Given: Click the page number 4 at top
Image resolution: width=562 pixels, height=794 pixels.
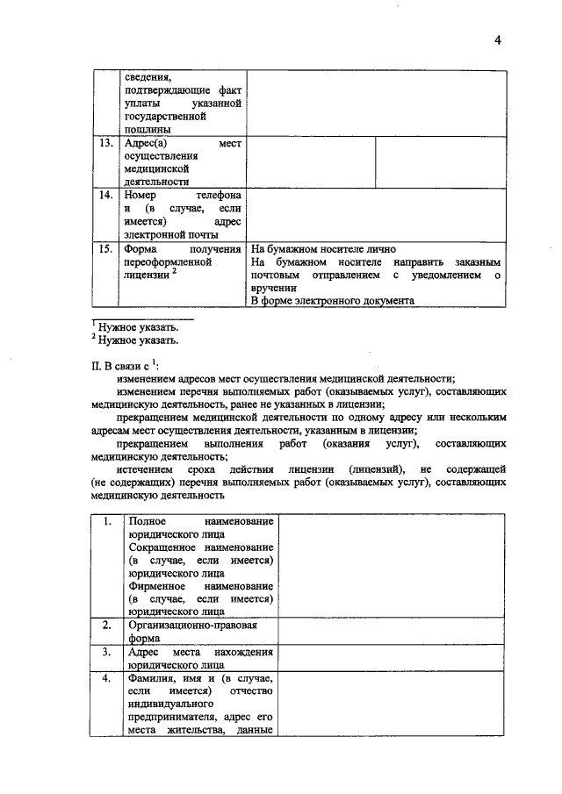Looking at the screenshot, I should tap(496, 39).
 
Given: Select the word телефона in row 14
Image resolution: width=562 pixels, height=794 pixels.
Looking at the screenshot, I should tap(220, 196).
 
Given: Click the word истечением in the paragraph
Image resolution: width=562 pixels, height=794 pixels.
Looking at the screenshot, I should tap(144, 469).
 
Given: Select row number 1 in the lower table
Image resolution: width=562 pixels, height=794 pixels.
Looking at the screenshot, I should tap(106, 522).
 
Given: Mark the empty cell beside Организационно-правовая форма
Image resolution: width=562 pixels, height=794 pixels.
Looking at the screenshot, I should tap(392, 632).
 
